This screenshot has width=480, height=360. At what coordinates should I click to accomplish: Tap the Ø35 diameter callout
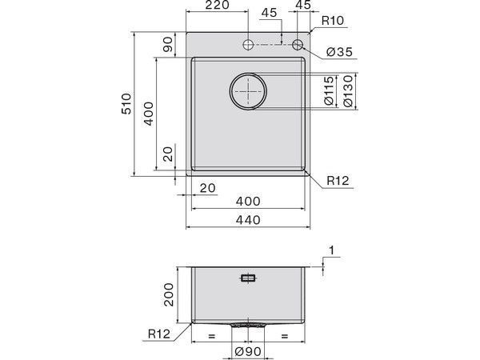pos(340,54)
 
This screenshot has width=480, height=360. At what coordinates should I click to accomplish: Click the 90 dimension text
pos(168,46)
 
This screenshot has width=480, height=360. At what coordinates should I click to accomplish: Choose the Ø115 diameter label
pos(330,93)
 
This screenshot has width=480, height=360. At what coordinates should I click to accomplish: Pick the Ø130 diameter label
pos(348,93)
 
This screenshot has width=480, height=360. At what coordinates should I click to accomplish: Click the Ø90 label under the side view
pos(248,350)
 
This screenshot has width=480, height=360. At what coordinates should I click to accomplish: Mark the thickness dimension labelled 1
pos(332,252)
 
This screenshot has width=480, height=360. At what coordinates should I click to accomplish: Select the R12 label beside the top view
pos(336,182)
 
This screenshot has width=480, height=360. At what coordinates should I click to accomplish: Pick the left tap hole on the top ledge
pos(249,43)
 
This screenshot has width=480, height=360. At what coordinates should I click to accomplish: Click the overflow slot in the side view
pos(248,278)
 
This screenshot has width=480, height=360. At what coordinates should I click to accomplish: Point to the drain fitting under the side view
pos(248,326)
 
